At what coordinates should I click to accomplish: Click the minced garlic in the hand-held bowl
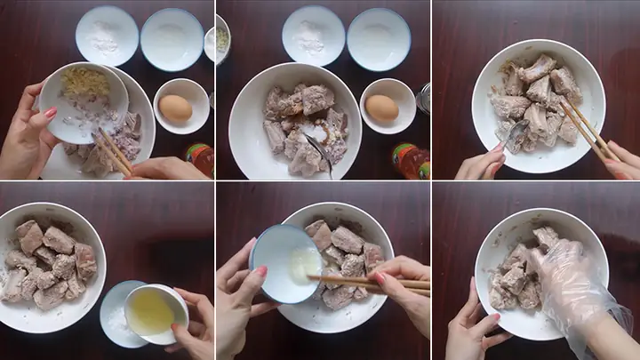pyautogui.click(x=84, y=84)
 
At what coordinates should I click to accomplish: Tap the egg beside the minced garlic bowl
pyautogui.click(x=175, y=108)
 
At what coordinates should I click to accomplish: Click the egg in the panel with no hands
pyautogui.click(x=382, y=108)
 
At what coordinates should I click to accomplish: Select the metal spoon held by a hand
pyautogui.click(x=517, y=138)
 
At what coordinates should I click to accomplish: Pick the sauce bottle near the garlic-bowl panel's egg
pyautogui.click(x=200, y=158)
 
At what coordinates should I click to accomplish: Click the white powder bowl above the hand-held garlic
pyautogui.click(x=106, y=36)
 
